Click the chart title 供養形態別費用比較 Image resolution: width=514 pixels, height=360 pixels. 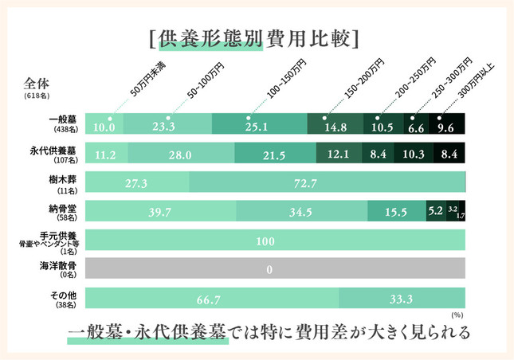coord(257,37)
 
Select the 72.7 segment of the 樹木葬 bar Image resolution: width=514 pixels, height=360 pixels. coord(327,183)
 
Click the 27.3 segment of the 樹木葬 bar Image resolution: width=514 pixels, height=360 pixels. coord(136,183)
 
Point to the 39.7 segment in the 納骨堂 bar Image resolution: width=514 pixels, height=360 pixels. coord(160,212)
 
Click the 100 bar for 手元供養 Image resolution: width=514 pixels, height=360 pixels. coord(274,241)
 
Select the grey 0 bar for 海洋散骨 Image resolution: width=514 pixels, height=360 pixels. coord(274,270)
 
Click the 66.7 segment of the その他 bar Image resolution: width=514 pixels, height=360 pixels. coord(211,299)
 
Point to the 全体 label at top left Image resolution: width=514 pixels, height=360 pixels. coord(37,80)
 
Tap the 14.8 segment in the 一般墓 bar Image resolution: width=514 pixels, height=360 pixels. coord(335,125)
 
